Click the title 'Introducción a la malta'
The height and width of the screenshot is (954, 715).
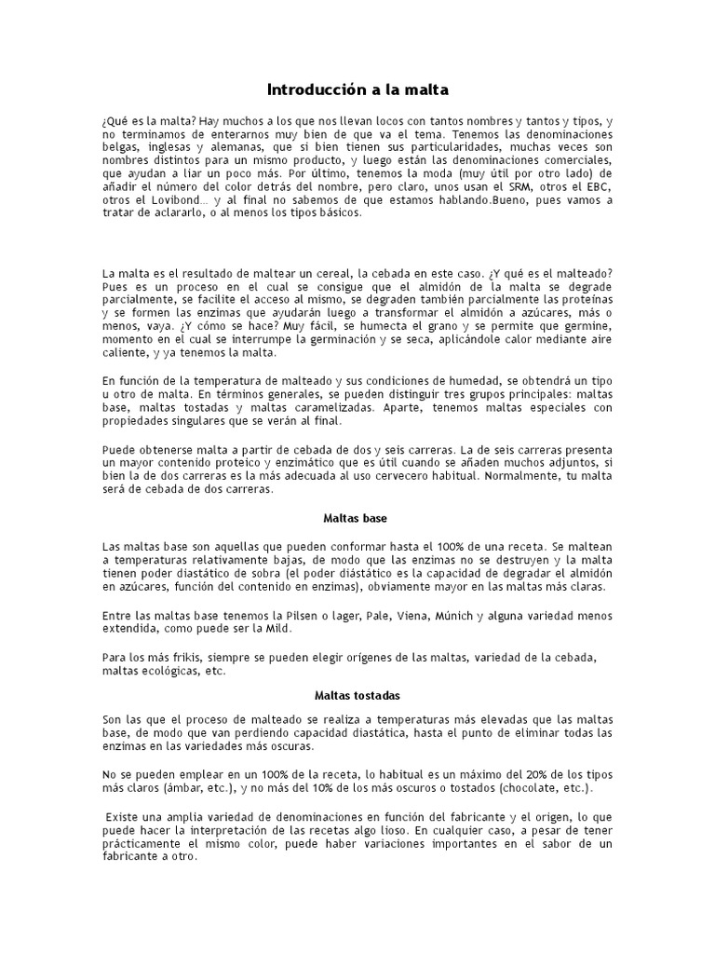tap(357, 90)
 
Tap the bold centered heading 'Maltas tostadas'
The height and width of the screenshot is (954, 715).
tap(357, 695)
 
